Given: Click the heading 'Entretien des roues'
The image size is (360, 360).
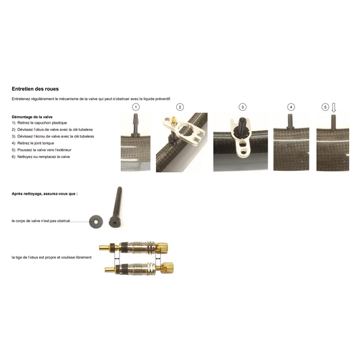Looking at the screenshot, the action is pyautogui.click(x=35, y=89).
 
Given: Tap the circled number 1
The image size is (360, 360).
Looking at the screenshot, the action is pyautogui.click(x=136, y=107).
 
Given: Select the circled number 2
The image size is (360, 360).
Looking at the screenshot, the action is pyautogui.click(x=180, y=107).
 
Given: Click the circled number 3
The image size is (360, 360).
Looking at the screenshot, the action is pyautogui.click(x=242, y=107).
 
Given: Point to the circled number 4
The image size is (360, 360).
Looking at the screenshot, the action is pyautogui.click(x=291, y=107).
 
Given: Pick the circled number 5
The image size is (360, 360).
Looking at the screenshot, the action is pyautogui.click(x=325, y=107).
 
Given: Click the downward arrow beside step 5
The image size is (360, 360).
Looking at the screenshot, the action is pyautogui.click(x=334, y=107).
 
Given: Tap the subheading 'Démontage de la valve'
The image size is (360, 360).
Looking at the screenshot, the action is pyautogui.click(x=32, y=117).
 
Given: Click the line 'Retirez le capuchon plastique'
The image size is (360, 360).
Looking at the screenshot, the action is pyautogui.click(x=42, y=123).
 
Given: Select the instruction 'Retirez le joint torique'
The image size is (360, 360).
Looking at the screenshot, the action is pyautogui.click(x=36, y=143).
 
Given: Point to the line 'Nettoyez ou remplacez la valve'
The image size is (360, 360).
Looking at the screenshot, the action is pyautogui.click(x=44, y=157).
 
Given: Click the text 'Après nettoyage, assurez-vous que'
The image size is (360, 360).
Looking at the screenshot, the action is pyautogui.click(x=44, y=194).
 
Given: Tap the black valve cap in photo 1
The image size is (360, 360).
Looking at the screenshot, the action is pyautogui.click(x=136, y=124).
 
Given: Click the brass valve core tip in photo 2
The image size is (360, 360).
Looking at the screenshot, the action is pyautogui.click(x=174, y=119).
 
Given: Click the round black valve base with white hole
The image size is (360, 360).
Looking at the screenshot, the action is pyautogui.click(x=96, y=222).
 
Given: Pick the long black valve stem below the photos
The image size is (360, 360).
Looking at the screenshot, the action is pyautogui.click(x=115, y=207).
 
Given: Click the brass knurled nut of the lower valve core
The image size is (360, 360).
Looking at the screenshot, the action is pyautogui.click(x=168, y=267).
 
